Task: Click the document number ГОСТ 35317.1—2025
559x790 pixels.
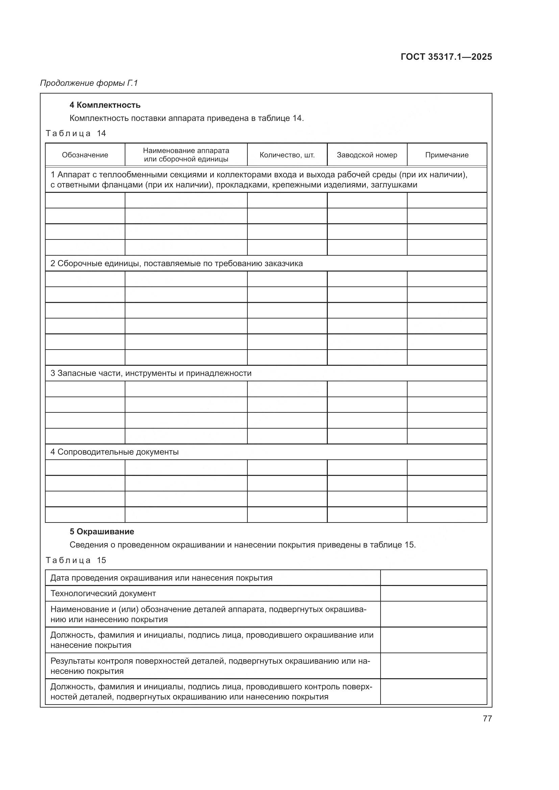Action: coord(446,57)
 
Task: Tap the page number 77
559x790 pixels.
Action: coord(487,718)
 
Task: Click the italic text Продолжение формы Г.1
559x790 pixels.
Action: coord(89,83)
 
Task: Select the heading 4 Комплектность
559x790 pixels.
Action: coord(105,105)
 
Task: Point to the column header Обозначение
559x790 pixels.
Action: coord(85,155)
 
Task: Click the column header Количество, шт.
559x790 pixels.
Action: coord(287,155)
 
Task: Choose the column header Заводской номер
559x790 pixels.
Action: coord(367,155)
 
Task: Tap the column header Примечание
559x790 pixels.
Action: coord(447,155)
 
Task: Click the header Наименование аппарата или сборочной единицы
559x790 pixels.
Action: coord(186,155)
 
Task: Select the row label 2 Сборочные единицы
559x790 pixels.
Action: coord(176,263)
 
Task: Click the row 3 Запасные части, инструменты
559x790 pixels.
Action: coord(151,373)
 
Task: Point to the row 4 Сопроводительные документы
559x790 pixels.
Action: coord(114,452)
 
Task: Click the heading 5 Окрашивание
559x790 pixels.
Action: coord(102,532)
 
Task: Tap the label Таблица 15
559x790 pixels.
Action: coord(76,560)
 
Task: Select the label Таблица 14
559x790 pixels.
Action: coord(76,133)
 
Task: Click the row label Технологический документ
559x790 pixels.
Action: coord(103,593)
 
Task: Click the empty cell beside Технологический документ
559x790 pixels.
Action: coord(433,593)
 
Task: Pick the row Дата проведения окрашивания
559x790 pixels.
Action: coord(161,578)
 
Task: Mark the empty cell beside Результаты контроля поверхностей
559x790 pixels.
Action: coord(433,666)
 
